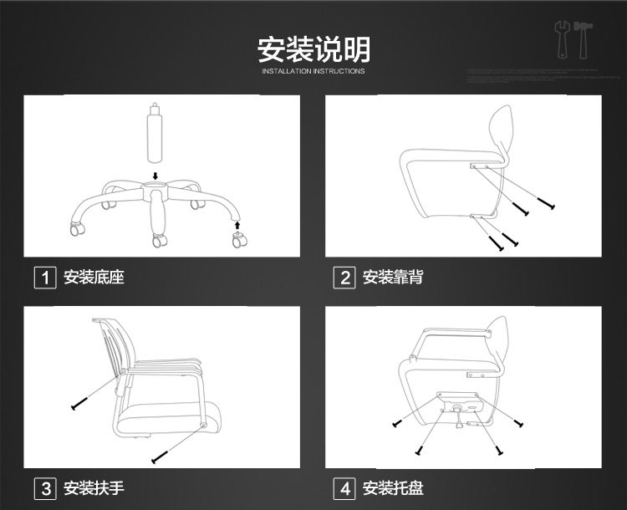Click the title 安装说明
tap(313, 49)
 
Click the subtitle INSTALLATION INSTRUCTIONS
tap(313, 72)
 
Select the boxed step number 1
tap(44, 278)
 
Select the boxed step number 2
tap(344, 278)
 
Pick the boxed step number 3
tap(44, 488)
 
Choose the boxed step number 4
tap(344, 488)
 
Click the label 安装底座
tap(94, 278)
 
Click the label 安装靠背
tap(393, 278)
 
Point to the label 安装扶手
tap(94, 488)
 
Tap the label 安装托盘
tap(393, 488)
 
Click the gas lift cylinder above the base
tap(154, 135)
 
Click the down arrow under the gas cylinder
tap(155, 176)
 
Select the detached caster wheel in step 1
tap(239, 242)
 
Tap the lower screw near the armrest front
tap(159, 457)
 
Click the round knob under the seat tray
tap(459, 410)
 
